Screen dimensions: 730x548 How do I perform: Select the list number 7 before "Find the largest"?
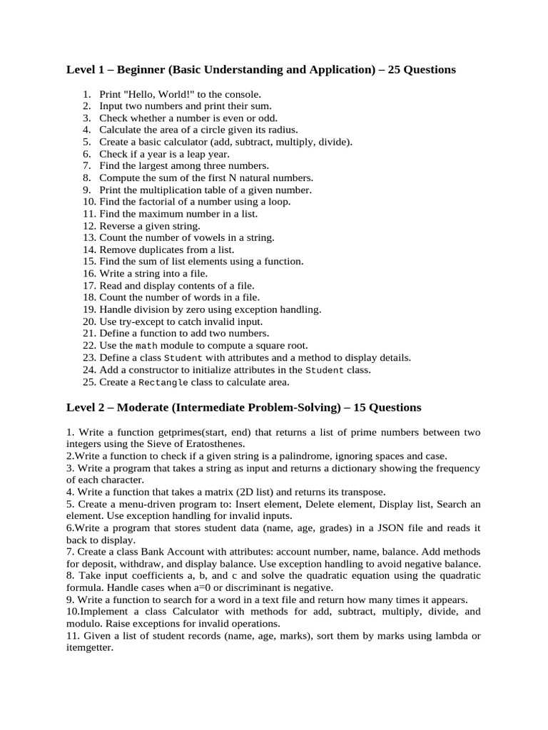(x=86, y=165)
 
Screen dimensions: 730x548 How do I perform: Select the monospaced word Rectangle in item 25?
(x=163, y=381)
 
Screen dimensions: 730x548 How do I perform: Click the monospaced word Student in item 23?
(x=183, y=357)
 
